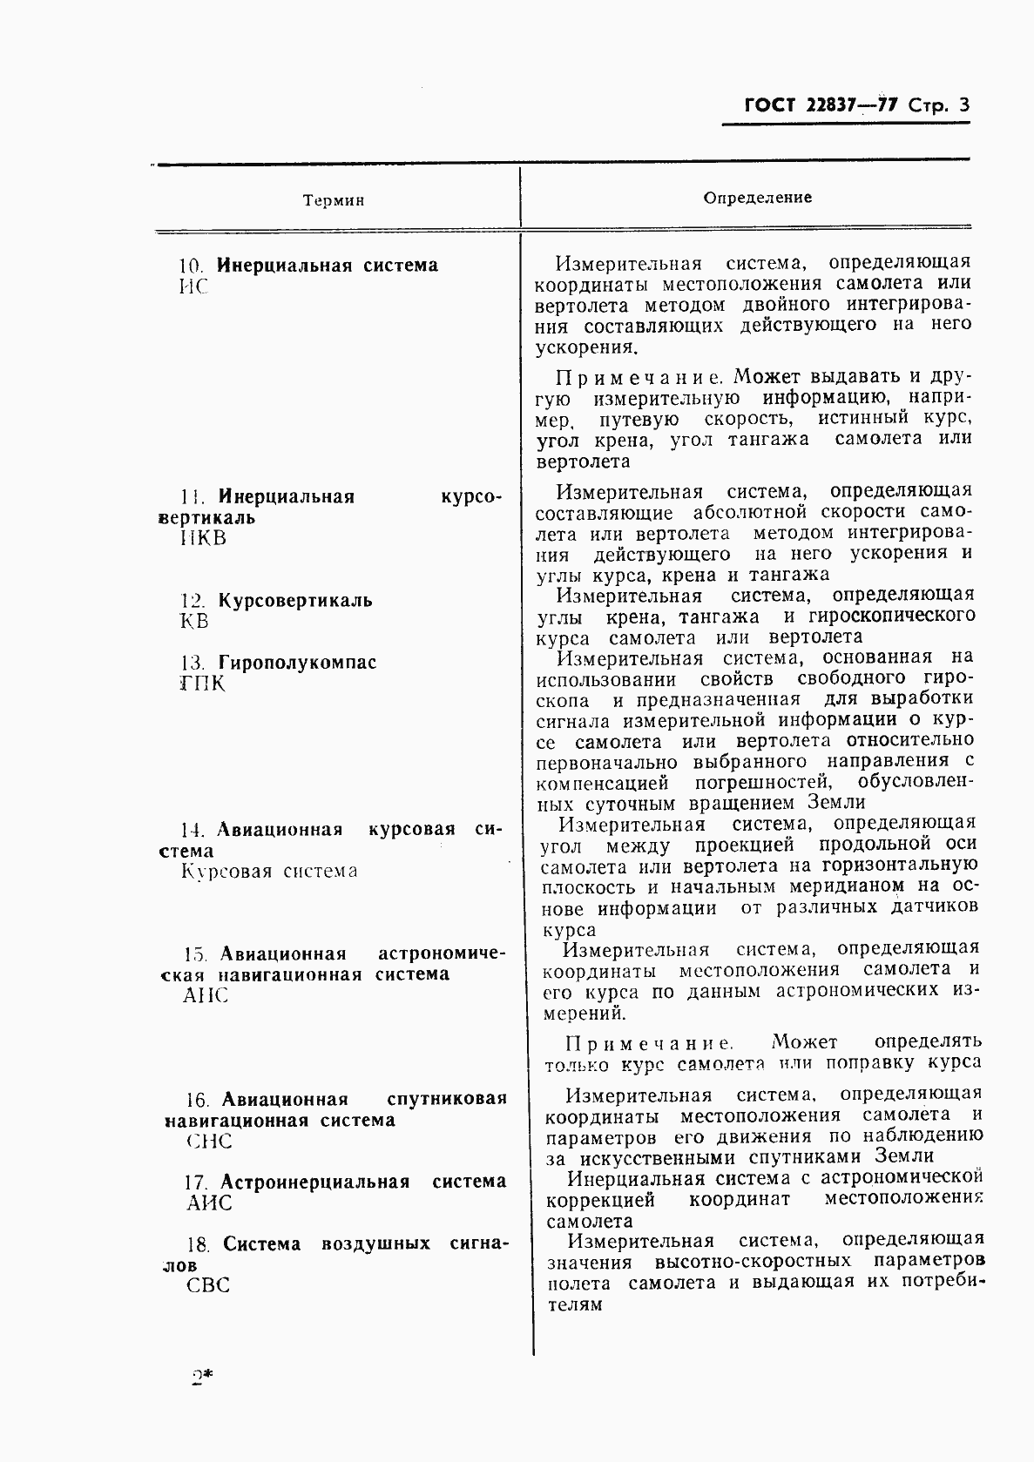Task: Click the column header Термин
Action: (334, 201)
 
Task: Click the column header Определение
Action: (757, 198)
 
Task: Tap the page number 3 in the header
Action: (963, 106)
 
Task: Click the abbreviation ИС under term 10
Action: (193, 287)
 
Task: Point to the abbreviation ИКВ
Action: (203, 538)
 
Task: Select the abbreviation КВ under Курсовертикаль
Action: (194, 622)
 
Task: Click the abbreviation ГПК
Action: (201, 684)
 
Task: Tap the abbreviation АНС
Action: (206, 995)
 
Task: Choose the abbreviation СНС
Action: (209, 1142)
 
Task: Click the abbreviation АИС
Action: (210, 1203)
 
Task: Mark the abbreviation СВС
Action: (208, 1286)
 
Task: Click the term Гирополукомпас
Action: (297, 663)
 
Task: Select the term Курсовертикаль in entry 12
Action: (294, 601)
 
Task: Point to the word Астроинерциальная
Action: (314, 1182)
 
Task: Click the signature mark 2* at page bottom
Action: (202, 1378)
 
